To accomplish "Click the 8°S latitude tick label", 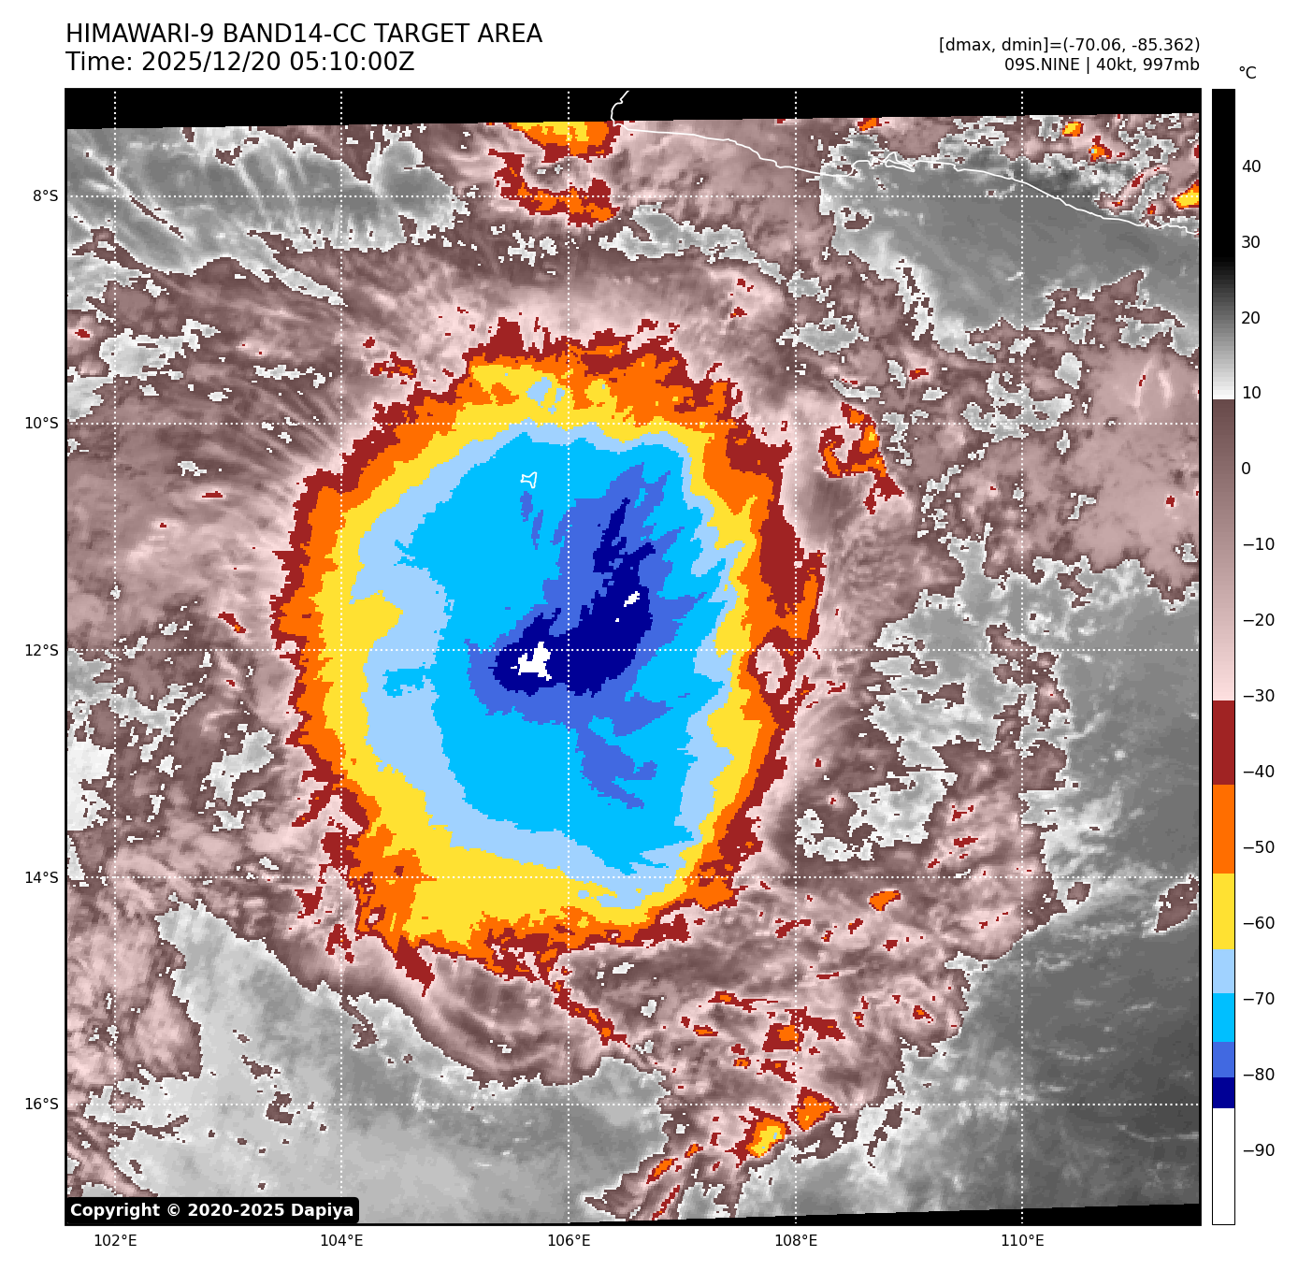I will coord(45,196).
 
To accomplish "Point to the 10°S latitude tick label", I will coord(41,424).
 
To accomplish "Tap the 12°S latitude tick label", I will coord(41,651).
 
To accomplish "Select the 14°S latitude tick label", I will coord(41,877).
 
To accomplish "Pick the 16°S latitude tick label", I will coord(41,1105).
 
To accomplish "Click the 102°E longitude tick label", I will coord(115,1241).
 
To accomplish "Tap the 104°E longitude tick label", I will coord(341,1241).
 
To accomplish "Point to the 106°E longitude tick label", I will coord(569,1241).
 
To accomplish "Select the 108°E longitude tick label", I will coord(796,1241).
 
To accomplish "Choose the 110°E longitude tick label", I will coord(1022,1241).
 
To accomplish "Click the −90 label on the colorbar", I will coord(1258,1150).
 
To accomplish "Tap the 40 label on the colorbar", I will coord(1251,167).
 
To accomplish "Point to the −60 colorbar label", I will coord(1258,923).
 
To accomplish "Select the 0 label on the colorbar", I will coord(1246,469).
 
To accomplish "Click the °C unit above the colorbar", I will coord(1248,73).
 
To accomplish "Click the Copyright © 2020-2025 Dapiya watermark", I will coord(212,1210).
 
